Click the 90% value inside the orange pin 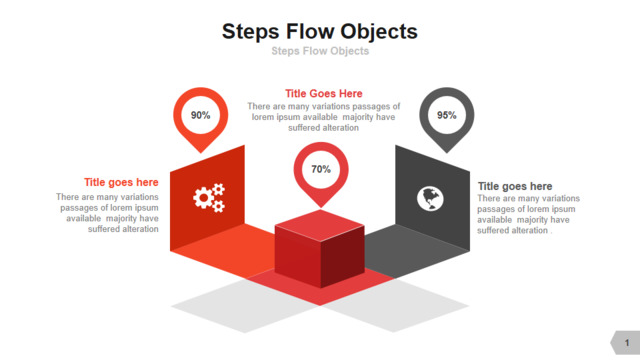[x=200, y=115]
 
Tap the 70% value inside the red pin [x=321, y=169]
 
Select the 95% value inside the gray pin [x=447, y=115]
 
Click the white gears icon [x=209, y=198]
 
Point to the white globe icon [x=430, y=199]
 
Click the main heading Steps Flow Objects [x=320, y=31]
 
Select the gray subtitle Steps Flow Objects [x=320, y=51]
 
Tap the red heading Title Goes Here [x=324, y=93]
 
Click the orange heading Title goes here [x=121, y=182]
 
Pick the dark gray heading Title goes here [x=515, y=186]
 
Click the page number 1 [x=627, y=343]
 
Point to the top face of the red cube [x=320, y=225]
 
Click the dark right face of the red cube [x=342, y=257]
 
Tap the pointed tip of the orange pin [x=201, y=153]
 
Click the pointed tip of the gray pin [x=447, y=153]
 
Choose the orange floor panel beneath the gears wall [x=222, y=250]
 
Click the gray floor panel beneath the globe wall [x=416, y=251]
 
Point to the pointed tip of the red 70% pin [x=321, y=207]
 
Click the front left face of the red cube [x=298, y=256]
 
